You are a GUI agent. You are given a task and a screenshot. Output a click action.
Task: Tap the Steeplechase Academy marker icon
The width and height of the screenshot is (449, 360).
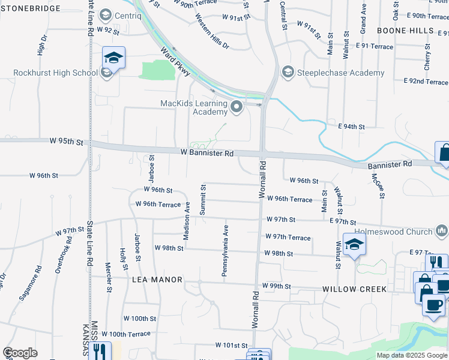coord(288,73)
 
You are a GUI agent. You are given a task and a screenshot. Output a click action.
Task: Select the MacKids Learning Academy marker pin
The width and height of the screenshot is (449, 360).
coord(236,108)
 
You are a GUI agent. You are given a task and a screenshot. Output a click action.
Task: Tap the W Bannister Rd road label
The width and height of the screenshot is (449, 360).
coord(207,154)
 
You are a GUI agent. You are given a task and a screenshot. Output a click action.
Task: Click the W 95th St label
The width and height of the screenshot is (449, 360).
coord(67,142)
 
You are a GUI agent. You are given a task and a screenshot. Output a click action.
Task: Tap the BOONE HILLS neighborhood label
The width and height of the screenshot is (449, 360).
coord(405,30)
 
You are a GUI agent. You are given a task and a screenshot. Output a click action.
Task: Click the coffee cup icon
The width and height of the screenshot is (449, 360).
coord(433,304)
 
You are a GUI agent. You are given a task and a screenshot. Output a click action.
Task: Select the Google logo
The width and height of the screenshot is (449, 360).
coord(20,353)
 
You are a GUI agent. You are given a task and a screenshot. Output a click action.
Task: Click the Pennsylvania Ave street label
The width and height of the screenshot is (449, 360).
coord(226,251)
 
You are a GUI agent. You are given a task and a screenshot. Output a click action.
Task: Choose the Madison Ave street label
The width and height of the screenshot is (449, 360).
coord(187,221)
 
